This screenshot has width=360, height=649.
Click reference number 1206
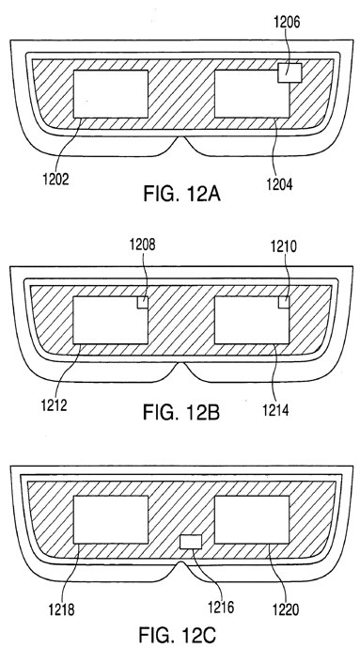pos(288,23)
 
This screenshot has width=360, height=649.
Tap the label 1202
pos(55,179)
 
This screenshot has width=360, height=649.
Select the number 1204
pos(279,184)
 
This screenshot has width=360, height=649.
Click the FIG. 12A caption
pos(181,194)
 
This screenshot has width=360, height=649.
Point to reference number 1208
pos(142,245)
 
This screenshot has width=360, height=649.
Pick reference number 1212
pos(54,404)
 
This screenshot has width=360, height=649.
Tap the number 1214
pos(275,410)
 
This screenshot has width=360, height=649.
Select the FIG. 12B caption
pos(181,412)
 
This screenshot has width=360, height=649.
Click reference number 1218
pos(61,609)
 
